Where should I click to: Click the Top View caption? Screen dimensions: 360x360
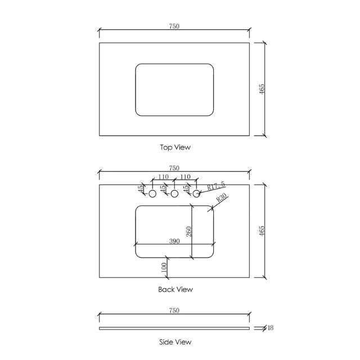(x=175, y=147)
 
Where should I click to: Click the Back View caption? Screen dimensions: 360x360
(x=175, y=289)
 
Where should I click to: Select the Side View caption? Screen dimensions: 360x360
(x=175, y=341)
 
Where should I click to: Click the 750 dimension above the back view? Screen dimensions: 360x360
(x=174, y=168)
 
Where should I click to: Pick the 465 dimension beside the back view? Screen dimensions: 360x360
(x=262, y=231)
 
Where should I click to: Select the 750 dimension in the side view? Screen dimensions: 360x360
(x=174, y=310)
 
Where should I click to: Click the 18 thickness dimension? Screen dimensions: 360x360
(x=271, y=328)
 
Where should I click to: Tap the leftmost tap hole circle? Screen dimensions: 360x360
(x=152, y=193)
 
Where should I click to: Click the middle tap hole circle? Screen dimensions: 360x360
(x=174, y=193)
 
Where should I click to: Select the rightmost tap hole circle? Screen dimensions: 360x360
(x=196, y=193)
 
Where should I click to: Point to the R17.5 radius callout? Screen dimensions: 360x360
(x=216, y=185)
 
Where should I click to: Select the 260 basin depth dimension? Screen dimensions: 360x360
(x=189, y=231)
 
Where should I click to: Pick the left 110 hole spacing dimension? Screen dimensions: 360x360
(x=163, y=177)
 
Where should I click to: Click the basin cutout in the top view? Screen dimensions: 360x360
(x=175, y=90)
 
